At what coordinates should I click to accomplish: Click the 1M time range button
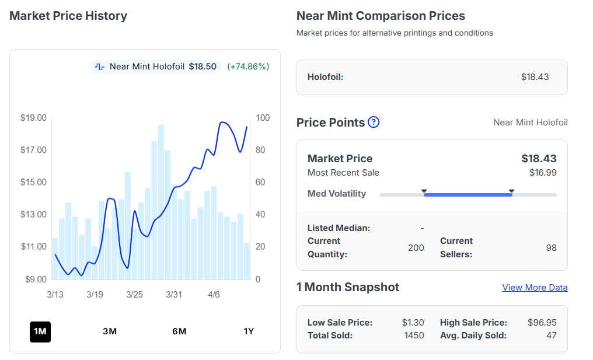pyautogui.click(x=40, y=331)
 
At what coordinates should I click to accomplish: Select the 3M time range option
pyautogui.click(x=110, y=331)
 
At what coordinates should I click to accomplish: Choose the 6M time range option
pyautogui.click(x=179, y=331)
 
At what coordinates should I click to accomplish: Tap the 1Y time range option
pyautogui.click(x=249, y=331)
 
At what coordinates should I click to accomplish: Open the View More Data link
pyautogui.click(x=535, y=287)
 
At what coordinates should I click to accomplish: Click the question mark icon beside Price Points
pyautogui.click(x=374, y=122)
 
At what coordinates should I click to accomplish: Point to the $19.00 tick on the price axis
pyautogui.click(x=33, y=118)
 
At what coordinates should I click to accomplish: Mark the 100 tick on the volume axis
pyautogui.click(x=263, y=118)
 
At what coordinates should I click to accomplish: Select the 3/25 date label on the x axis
pyautogui.click(x=134, y=295)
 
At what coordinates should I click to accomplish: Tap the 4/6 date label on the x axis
pyautogui.click(x=214, y=295)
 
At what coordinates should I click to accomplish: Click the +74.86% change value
pyautogui.click(x=248, y=67)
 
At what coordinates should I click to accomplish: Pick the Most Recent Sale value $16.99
pyautogui.click(x=542, y=172)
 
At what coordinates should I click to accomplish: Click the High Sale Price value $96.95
pyautogui.click(x=542, y=322)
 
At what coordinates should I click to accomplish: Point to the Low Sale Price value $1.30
pyautogui.click(x=413, y=322)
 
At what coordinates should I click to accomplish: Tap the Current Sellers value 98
pyautogui.click(x=551, y=247)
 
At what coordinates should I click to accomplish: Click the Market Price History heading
pyautogui.click(x=68, y=16)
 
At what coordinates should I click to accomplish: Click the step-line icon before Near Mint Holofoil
pyautogui.click(x=100, y=67)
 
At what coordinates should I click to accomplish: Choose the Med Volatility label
pyautogui.click(x=337, y=194)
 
